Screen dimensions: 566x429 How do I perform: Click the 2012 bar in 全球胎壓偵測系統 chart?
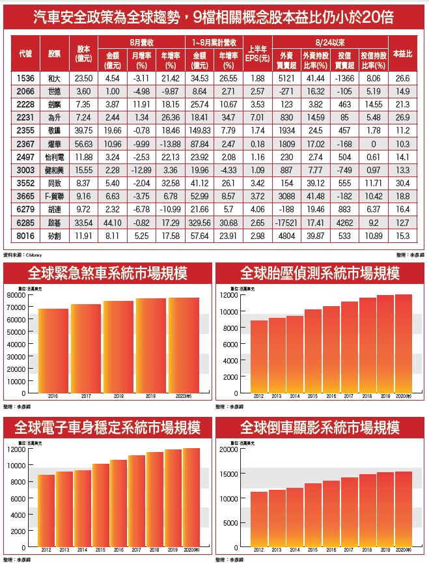pos(258,357)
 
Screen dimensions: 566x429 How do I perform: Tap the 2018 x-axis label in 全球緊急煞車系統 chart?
pos(118,397)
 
